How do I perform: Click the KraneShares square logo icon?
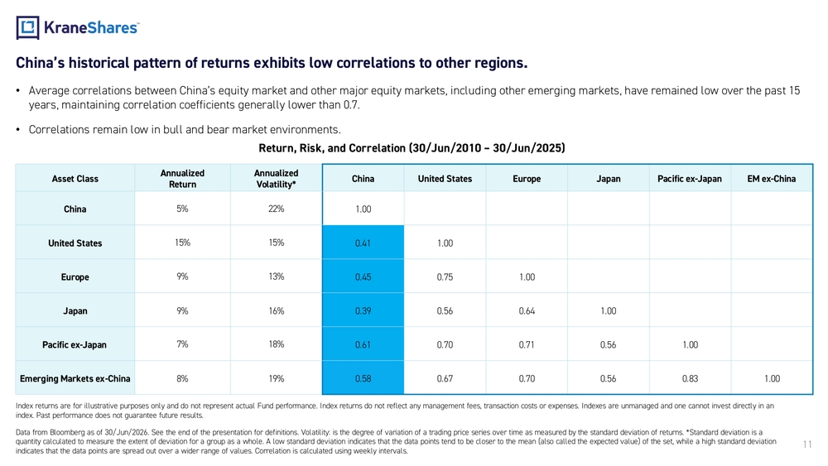pos(27,27)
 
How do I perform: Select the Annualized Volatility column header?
pos(277,179)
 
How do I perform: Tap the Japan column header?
pos(609,179)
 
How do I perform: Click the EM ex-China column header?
pos(771,179)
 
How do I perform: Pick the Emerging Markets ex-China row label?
pos(75,378)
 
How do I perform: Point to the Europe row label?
pos(75,277)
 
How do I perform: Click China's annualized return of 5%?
pos(182,209)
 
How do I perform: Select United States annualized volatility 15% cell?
pos(277,243)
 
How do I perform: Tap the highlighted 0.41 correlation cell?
pos(363,243)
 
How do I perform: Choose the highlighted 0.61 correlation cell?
pos(363,344)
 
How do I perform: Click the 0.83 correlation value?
pos(690,378)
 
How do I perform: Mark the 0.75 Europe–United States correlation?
pos(445,277)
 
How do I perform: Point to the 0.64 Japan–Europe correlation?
pos(527,311)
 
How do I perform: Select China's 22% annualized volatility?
pos(277,209)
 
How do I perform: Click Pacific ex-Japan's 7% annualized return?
pos(182,344)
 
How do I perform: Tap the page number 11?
pos(806,444)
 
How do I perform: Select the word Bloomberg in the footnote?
pos(65,432)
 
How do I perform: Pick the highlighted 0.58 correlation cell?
pos(363,378)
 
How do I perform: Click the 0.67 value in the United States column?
pos(445,378)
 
